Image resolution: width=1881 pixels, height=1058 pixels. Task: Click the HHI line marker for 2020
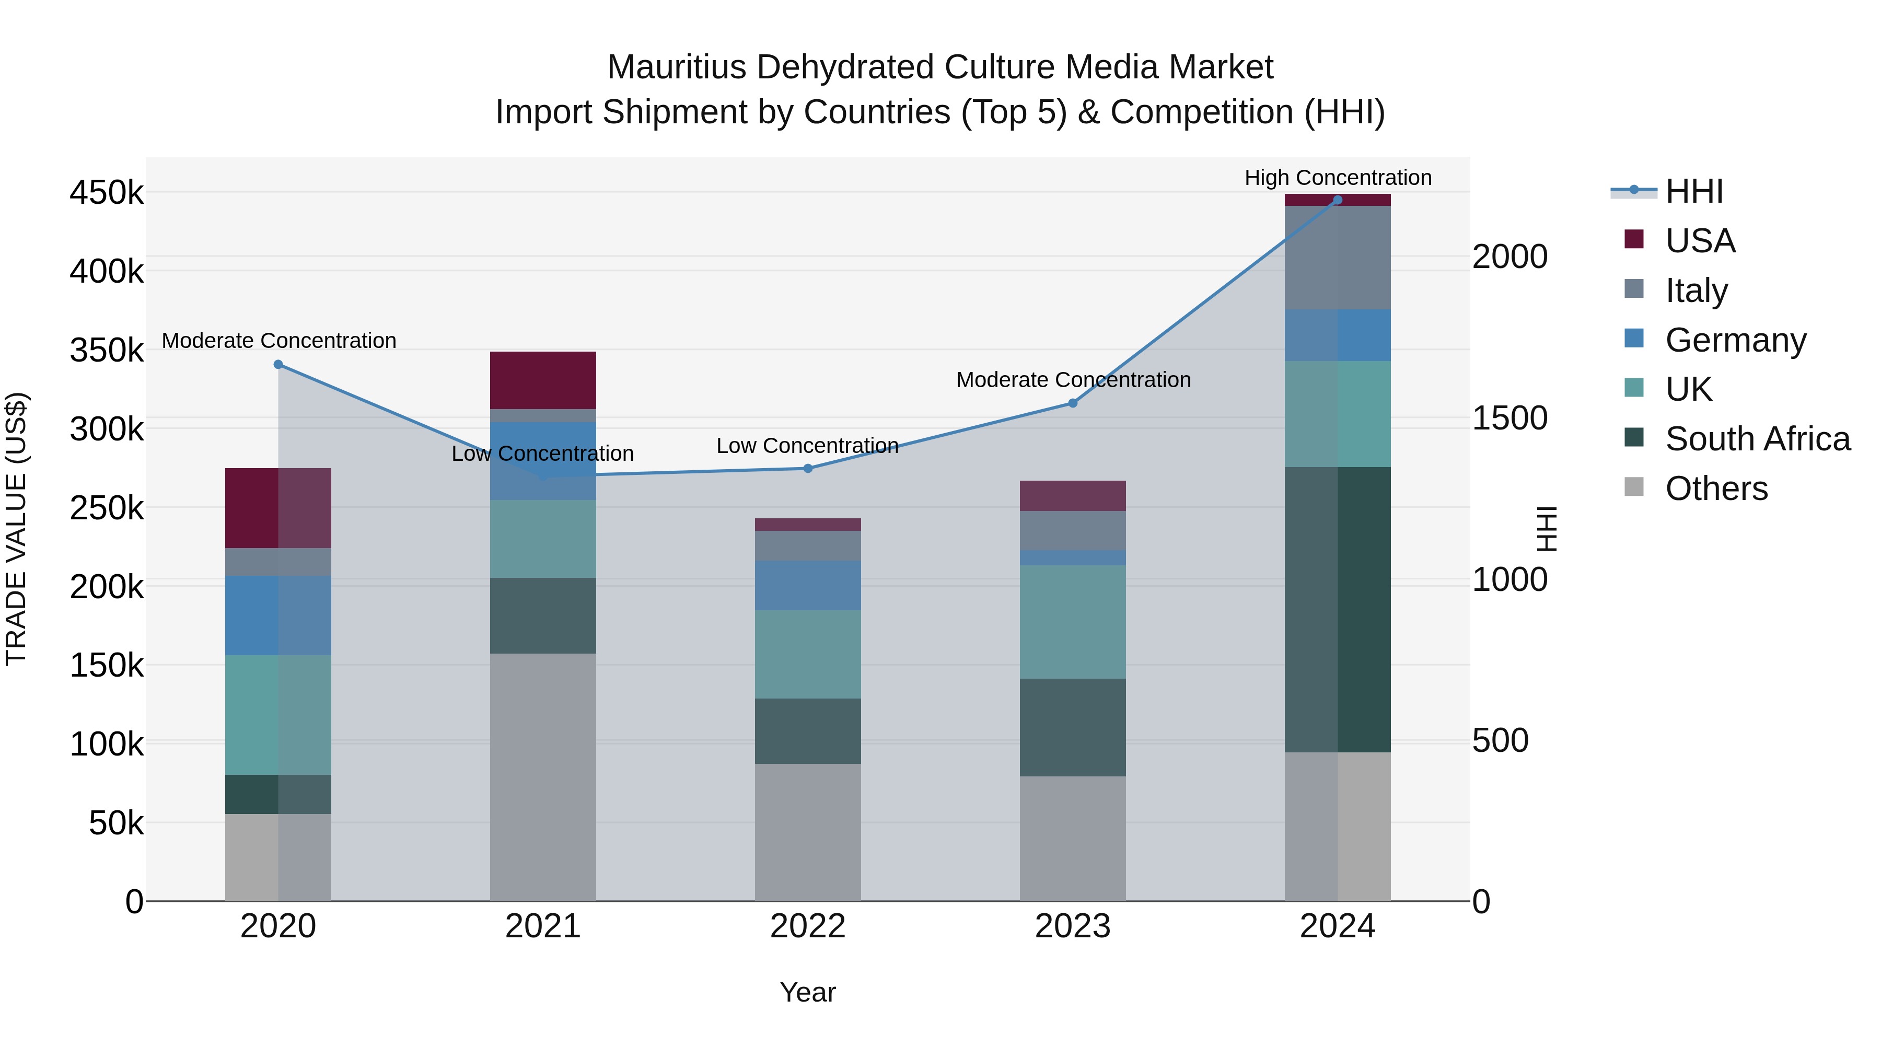[278, 364]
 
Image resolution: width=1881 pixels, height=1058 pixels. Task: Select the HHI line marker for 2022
[808, 468]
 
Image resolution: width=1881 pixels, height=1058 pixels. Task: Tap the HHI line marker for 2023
[1073, 403]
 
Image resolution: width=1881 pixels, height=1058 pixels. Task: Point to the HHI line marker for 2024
[1338, 200]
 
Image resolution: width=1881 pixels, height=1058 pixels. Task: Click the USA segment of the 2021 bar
[542, 380]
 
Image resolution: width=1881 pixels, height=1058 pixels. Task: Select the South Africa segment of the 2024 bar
[1338, 610]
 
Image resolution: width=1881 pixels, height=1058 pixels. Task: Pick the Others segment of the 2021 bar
[542, 777]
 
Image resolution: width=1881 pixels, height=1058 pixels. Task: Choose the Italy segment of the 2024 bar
[1338, 257]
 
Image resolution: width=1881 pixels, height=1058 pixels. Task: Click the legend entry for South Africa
[1757, 439]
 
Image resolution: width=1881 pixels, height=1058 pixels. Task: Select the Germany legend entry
[1735, 340]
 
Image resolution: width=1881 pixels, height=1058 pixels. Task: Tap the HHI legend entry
[1693, 191]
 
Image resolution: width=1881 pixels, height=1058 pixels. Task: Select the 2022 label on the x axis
[808, 926]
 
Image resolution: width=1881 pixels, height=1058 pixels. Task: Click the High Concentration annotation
[1338, 178]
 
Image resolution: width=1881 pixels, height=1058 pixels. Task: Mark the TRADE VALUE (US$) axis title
[16, 529]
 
